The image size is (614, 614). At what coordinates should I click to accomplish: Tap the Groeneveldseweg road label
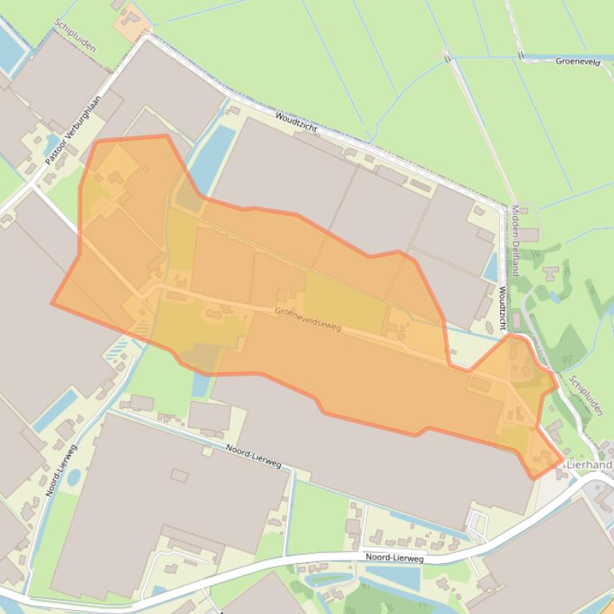308,319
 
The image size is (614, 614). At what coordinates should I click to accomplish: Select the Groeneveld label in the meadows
577,61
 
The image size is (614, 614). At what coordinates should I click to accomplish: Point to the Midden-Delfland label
515,240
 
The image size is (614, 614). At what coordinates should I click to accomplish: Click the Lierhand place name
588,464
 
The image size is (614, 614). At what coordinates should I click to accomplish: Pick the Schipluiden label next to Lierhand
585,394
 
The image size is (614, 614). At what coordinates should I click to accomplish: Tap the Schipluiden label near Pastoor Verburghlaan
76,36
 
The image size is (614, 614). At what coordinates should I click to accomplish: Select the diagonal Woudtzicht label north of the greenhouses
297,122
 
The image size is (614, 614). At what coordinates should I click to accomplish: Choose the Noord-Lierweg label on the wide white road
394,558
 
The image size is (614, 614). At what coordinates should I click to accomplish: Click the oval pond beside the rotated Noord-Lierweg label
74,478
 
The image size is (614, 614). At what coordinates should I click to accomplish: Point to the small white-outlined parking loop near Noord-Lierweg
478,523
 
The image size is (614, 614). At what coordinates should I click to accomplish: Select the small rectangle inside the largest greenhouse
179,475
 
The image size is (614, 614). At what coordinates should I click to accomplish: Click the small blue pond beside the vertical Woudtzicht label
490,266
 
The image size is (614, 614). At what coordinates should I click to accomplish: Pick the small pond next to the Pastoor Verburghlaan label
53,143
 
